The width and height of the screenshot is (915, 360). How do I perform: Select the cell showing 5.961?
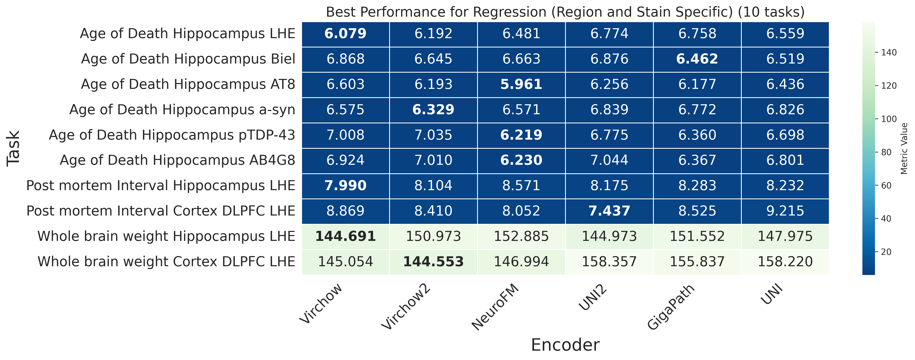point(521,84)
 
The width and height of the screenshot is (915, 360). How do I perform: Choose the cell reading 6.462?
point(697,59)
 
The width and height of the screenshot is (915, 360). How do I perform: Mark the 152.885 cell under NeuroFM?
point(521,236)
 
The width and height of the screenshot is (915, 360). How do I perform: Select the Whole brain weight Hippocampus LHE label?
point(166,236)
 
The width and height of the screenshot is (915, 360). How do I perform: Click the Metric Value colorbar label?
point(904,148)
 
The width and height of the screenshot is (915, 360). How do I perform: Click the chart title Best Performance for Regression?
point(565,12)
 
